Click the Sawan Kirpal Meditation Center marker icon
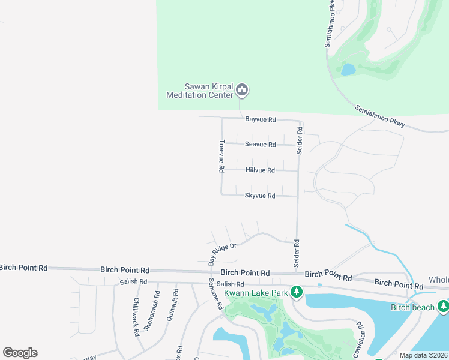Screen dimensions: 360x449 [242, 91]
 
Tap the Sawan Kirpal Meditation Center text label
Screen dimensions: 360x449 [199, 91]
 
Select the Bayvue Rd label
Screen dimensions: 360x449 [260, 119]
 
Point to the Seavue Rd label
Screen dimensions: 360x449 [260, 145]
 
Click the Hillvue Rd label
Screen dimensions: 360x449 [260, 170]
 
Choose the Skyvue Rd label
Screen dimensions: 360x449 [260, 196]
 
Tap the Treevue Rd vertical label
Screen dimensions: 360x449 [221, 157]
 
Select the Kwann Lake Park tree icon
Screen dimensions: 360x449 [296, 292]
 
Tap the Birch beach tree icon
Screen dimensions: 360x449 [444, 307]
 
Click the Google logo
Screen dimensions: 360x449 [20, 353]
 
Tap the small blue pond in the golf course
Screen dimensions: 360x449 [348, 69]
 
